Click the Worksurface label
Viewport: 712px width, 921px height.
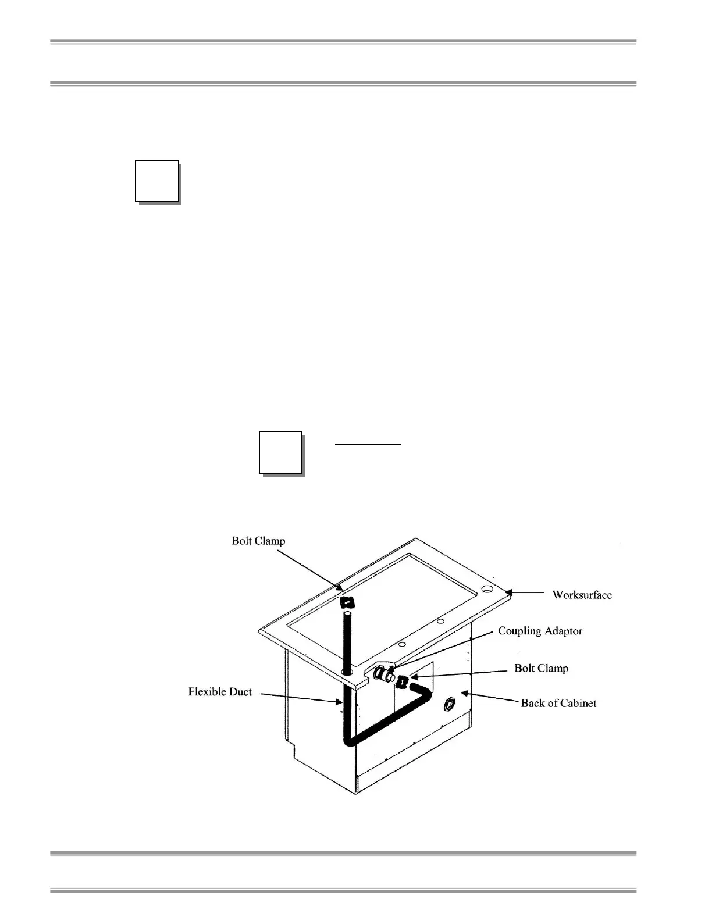(x=582, y=595)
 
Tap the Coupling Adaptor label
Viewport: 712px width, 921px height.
(x=540, y=631)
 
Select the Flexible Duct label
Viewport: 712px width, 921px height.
(x=220, y=692)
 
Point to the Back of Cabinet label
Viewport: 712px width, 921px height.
(x=558, y=703)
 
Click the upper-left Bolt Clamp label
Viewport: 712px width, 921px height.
(x=258, y=541)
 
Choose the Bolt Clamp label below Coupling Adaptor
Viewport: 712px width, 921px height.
(x=541, y=668)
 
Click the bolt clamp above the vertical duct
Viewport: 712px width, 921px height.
(x=347, y=602)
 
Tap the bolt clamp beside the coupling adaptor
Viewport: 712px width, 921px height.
(x=401, y=679)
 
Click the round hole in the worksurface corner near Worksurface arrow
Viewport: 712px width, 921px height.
(x=487, y=590)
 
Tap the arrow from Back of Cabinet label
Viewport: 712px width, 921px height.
(x=489, y=697)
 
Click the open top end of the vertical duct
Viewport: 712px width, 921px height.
(x=347, y=613)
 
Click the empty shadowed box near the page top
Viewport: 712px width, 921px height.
(x=156, y=180)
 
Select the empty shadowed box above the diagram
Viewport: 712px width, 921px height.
(x=280, y=452)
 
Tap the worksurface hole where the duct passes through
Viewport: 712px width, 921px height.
(x=347, y=672)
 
